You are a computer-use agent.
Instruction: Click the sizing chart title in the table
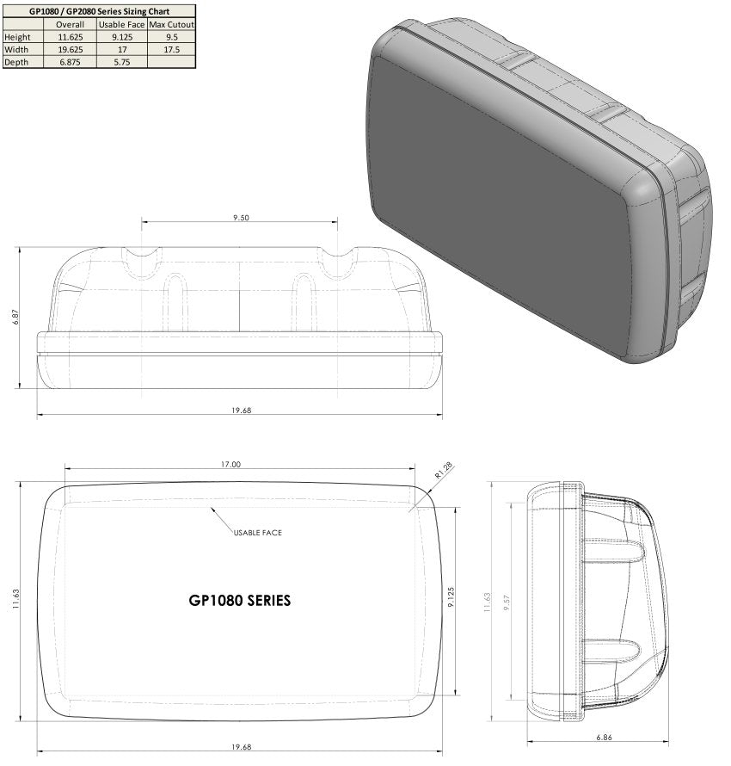pyautogui.click(x=100, y=11)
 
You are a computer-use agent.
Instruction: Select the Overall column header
pyautogui.click(x=70, y=25)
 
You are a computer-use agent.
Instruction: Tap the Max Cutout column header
pyautogui.click(x=172, y=25)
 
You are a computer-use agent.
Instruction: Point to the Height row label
pyautogui.click(x=18, y=37)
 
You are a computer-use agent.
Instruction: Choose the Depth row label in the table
pyautogui.click(x=16, y=62)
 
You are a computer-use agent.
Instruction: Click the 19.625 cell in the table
pyautogui.click(x=70, y=50)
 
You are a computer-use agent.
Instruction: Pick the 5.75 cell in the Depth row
pyautogui.click(x=121, y=62)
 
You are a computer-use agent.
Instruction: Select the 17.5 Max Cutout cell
pyautogui.click(x=172, y=50)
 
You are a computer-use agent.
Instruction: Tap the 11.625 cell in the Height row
pyautogui.click(x=70, y=37)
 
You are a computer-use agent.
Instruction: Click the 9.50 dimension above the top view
pyautogui.click(x=241, y=219)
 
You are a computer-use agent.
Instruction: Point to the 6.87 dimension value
pyautogui.click(x=15, y=317)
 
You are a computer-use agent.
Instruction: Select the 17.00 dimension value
pyautogui.click(x=230, y=464)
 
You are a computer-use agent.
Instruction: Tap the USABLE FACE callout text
pyautogui.click(x=257, y=533)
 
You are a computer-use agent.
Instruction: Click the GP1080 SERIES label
pyautogui.click(x=239, y=601)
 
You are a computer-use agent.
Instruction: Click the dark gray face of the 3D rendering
pyautogui.click(x=499, y=207)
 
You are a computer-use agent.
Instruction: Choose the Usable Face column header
pyautogui.click(x=121, y=25)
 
